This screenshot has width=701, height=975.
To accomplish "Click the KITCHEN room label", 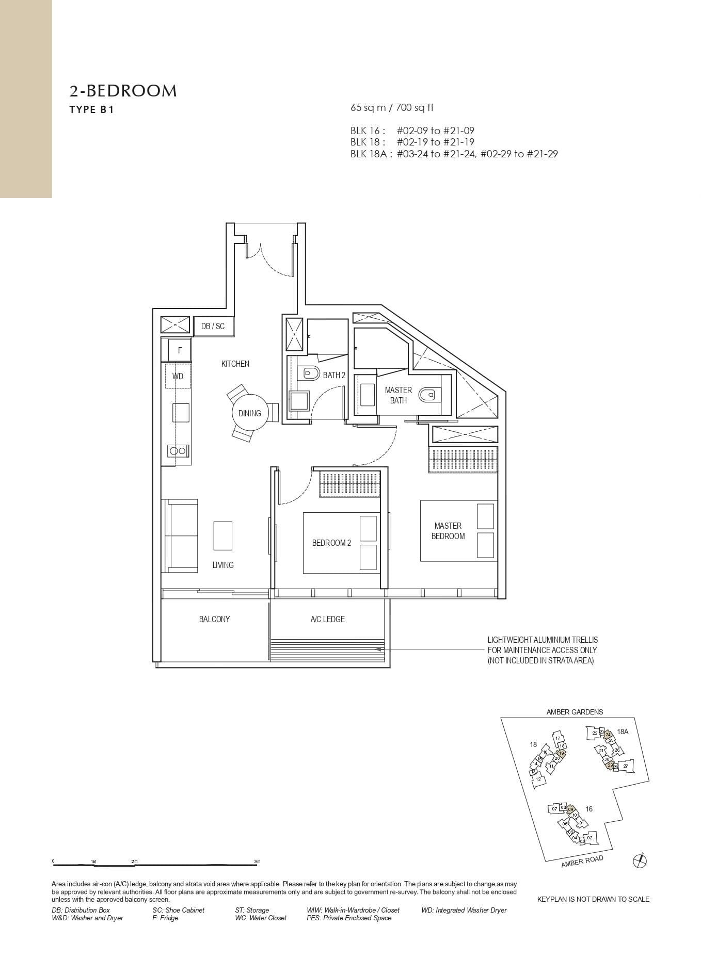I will click(x=235, y=364).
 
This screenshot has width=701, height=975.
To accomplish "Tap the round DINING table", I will click(x=250, y=413).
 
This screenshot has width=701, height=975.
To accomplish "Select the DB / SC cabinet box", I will click(x=213, y=326).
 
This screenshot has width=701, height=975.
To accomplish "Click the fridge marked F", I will click(x=180, y=350).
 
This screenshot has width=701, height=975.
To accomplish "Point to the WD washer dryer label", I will click(x=178, y=376).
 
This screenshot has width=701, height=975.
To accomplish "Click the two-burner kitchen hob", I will click(x=178, y=451).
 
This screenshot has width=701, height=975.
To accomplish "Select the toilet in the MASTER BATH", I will click(x=428, y=395).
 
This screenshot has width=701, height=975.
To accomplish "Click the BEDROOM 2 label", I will click(x=331, y=543).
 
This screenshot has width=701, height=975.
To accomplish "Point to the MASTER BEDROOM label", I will click(x=448, y=531).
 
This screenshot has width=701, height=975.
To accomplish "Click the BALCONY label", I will click(x=214, y=619).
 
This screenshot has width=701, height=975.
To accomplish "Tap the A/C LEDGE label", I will click(x=328, y=619).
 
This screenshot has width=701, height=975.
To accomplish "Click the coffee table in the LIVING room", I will click(x=222, y=536).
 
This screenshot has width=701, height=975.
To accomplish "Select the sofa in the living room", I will click(x=181, y=535).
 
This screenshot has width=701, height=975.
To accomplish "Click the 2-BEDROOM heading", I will click(x=123, y=91).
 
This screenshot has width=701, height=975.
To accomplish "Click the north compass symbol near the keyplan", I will click(x=640, y=860).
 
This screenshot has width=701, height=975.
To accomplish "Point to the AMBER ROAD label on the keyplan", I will click(x=582, y=861).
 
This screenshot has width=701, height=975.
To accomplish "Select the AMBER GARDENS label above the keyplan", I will click(x=575, y=712).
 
